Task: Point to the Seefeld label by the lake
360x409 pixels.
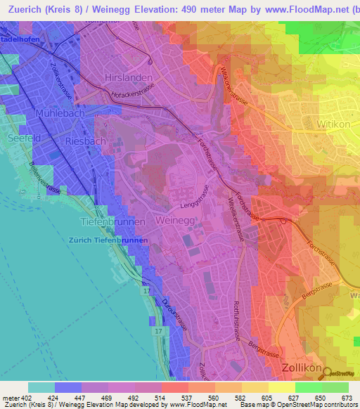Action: [23, 138]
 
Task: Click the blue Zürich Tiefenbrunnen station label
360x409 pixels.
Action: [108, 240]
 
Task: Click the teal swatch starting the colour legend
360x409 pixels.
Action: [41, 387]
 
